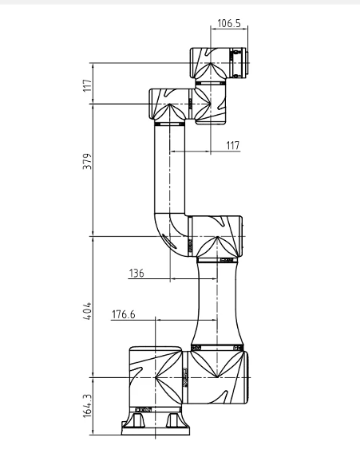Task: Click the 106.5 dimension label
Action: click(x=229, y=23)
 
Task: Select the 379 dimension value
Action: click(x=88, y=161)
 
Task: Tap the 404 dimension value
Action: click(x=88, y=311)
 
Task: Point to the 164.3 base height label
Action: click(x=88, y=406)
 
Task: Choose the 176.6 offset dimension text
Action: click(x=123, y=314)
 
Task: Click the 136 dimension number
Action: click(x=136, y=273)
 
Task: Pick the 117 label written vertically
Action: click(x=88, y=85)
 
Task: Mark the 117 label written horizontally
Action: click(x=232, y=146)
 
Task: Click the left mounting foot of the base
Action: click(x=136, y=420)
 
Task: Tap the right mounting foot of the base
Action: click(x=173, y=420)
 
